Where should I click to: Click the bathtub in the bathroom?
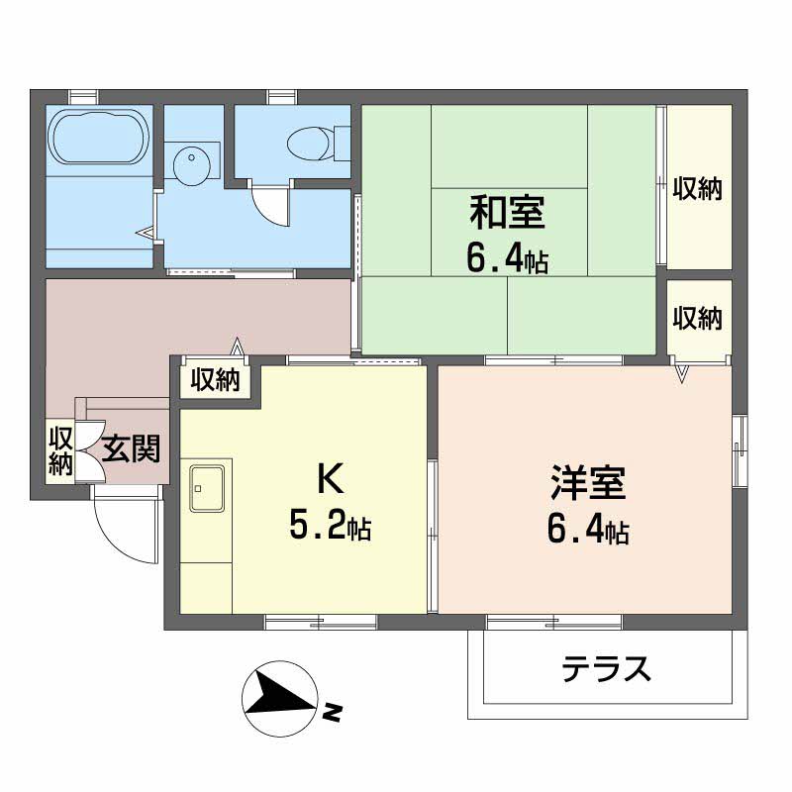pyautogui.click(x=99, y=139)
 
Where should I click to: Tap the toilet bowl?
pyautogui.click(x=315, y=143)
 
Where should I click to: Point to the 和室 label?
pyautogui.click(x=507, y=213)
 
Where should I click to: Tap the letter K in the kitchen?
pyautogui.click(x=330, y=480)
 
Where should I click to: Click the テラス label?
pyautogui.click(x=607, y=670)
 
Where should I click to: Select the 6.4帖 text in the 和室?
pyautogui.click(x=507, y=259)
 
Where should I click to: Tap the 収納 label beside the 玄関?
pyautogui.click(x=61, y=450)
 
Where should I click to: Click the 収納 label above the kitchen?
pyautogui.click(x=216, y=380)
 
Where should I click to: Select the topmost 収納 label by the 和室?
pyautogui.click(x=697, y=187)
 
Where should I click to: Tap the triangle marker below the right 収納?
pyautogui.click(x=682, y=372)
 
